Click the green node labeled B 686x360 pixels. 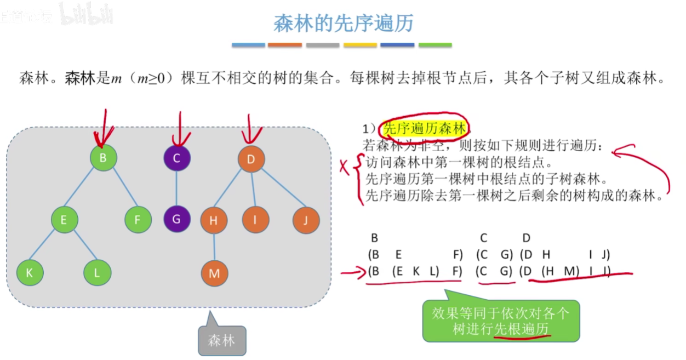click(x=104, y=159)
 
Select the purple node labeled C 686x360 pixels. click(x=176, y=159)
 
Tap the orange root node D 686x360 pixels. click(x=251, y=159)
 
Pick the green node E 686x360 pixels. click(x=64, y=220)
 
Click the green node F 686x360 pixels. click(x=138, y=220)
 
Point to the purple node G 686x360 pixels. click(x=176, y=220)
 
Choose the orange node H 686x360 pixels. click(x=213, y=220)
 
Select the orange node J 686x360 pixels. click(x=306, y=220)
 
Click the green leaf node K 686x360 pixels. click(x=30, y=273)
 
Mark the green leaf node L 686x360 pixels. click(x=98, y=273)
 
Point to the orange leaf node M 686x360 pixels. click(x=214, y=273)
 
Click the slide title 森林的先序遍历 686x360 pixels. click(x=343, y=23)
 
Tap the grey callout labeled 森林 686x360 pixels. click(x=221, y=340)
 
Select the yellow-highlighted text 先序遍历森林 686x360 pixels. click(x=425, y=128)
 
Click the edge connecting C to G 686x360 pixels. click(x=176, y=189)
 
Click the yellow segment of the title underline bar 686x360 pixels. click(x=360, y=45)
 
